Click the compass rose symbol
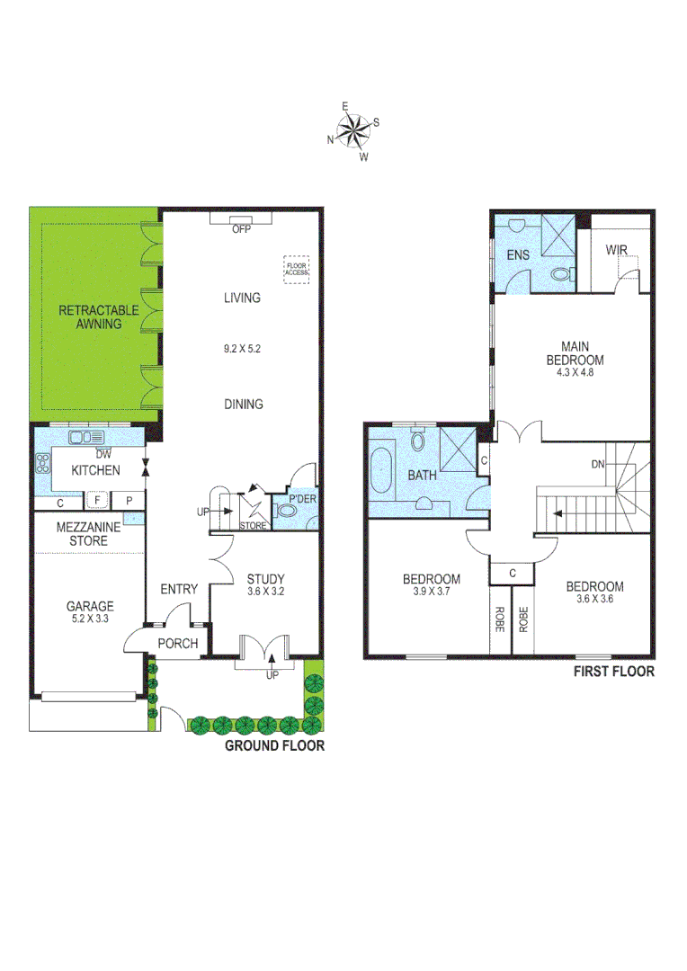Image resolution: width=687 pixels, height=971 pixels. coord(355,131)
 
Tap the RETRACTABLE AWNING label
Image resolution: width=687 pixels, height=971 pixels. coord(99,317)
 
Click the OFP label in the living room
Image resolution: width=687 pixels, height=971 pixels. coord(240,228)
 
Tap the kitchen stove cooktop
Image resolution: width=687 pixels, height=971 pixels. coord(42,464)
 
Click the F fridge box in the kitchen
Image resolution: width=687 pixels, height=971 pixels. coord(95,501)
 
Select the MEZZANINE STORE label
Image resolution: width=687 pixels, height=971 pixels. coord(82,534)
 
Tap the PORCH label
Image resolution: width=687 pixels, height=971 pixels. coord(178,643)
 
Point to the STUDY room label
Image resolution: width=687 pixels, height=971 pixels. coord(265,578)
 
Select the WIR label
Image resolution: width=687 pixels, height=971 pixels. coord(616,249)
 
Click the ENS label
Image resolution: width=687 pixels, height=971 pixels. coord(518,255)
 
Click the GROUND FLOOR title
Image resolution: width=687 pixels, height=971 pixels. coord(274,745)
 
